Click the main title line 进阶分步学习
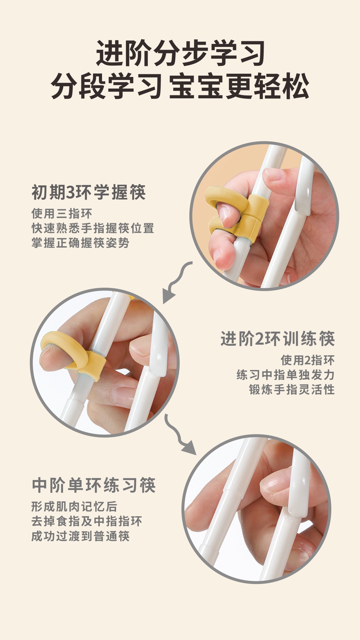180,53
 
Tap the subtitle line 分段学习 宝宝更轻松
180,86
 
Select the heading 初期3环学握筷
89,192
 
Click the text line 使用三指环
62,213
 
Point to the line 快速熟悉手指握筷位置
93,228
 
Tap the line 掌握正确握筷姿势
80,243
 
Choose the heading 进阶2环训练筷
278,339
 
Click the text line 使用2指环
308,360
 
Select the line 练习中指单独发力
286,375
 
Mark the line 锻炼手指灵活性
292,389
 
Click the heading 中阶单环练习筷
94,485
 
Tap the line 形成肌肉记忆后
74,507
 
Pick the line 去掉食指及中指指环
87,521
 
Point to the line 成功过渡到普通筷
80,536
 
